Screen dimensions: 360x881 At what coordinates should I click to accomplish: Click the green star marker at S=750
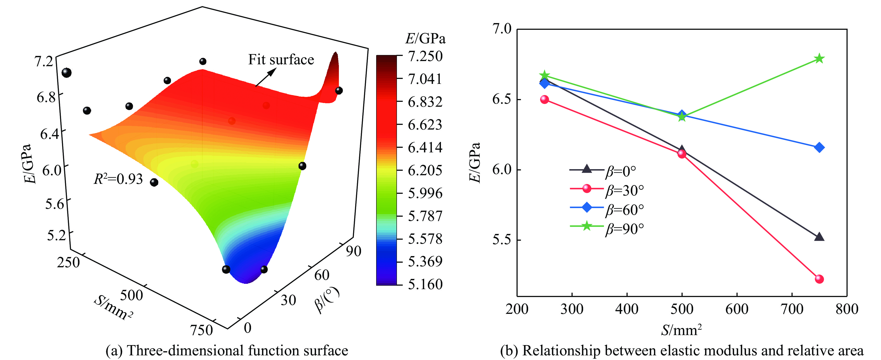tap(819, 58)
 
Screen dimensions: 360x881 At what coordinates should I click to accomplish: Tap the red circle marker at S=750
tap(819, 279)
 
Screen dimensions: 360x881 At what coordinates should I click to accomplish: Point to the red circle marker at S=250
tap(544, 99)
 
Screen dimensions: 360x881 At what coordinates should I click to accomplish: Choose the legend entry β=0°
tap(621, 171)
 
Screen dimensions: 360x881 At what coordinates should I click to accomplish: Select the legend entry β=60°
tap(624, 209)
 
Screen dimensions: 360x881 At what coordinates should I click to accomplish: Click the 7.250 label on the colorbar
tap(425, 56)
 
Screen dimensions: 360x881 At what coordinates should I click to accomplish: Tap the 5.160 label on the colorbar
tap(425, 284)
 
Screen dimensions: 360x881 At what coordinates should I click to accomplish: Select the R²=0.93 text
tap(118, 179)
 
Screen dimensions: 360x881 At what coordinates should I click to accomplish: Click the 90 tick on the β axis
tap(353, 251)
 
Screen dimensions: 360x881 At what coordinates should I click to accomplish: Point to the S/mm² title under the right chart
tap(681, 330)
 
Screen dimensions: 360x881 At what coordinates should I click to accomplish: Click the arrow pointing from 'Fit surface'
tap(265, 77)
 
